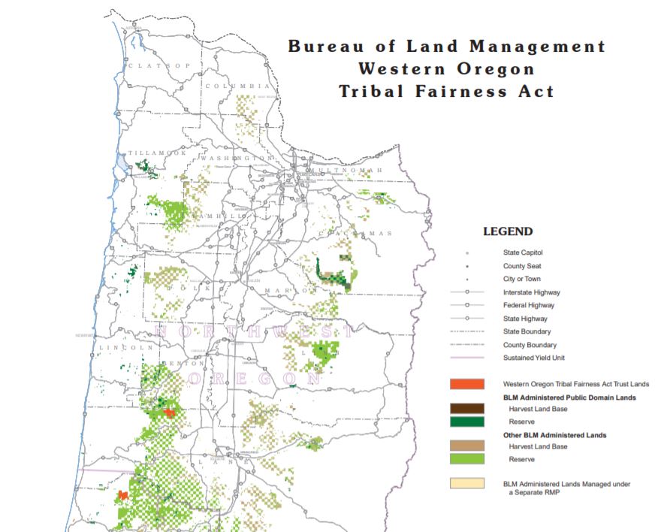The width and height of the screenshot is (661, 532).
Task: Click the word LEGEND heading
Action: point(508,231)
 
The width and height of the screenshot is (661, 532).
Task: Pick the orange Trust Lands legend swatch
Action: point(466,384)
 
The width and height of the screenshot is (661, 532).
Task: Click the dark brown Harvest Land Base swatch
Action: point(466,409)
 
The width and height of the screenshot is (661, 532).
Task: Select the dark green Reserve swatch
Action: point(466,422)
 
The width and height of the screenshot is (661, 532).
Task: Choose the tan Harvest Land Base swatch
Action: point(466,446)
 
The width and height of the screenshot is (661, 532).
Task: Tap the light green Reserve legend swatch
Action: point(466,459)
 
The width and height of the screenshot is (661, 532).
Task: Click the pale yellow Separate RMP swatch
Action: point(466,484)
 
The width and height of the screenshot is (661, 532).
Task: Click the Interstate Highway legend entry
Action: point(531,292)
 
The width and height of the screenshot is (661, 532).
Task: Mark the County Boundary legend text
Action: point(529,345)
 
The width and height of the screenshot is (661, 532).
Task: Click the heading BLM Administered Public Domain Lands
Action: point(570,397)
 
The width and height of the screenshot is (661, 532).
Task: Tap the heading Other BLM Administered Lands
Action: point(554,434)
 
